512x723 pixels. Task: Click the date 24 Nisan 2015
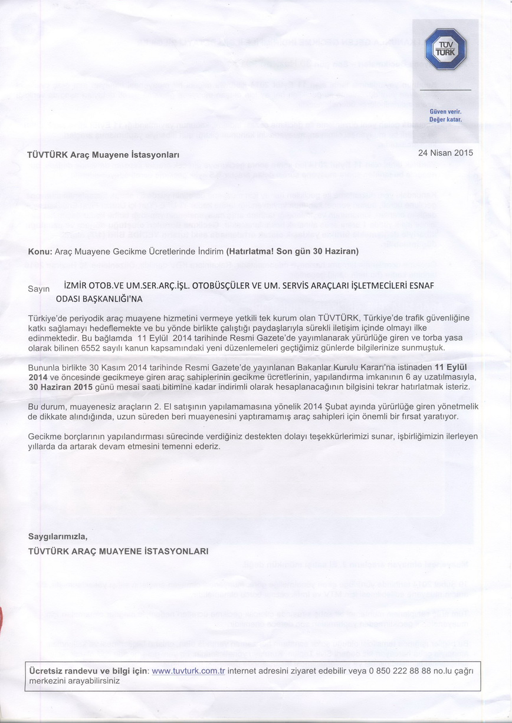point(445,153)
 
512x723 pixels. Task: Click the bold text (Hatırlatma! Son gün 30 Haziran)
point(292,251)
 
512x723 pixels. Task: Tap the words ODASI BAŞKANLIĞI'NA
point(100,299)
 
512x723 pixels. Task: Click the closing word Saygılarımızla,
point(58,536)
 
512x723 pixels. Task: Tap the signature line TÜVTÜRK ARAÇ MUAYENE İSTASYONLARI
point(119,552)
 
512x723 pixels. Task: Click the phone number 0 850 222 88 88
point(401,671)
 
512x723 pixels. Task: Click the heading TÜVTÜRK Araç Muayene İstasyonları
point(103,155)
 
